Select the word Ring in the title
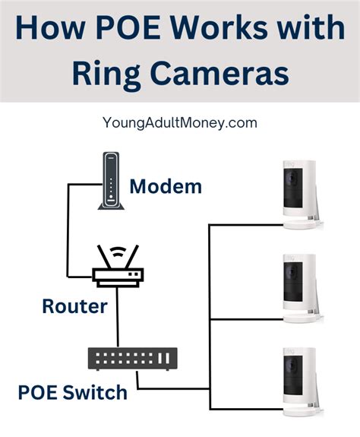pyautogui.click(x=106, y=75)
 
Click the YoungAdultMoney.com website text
pyautogui.click(x=180, y=123)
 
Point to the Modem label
pyautogui.click(x=166, y=186)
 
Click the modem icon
pyautogui.click(x=111, y=181)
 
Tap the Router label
pyautogui.click(x=74, y=306)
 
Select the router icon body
pyautogui.click(x=118, y=277)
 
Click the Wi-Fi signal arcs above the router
pyautogui.click(x=118, y=252)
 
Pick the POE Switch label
pyautogui.click(x=72, y=392)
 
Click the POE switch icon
pyautogui.click(x=133, y=359)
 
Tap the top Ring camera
pyautogui.click(x=303, y=195)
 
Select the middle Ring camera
pyautogui.click(x=303, y=289)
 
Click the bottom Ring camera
pyautogui.click(x=303, y=382)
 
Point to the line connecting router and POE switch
pyautogui.click(x=118, y=317)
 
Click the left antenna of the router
pyautogui.click(x=104, y=257)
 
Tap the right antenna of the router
pyautogui.click(x=131, y=257)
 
